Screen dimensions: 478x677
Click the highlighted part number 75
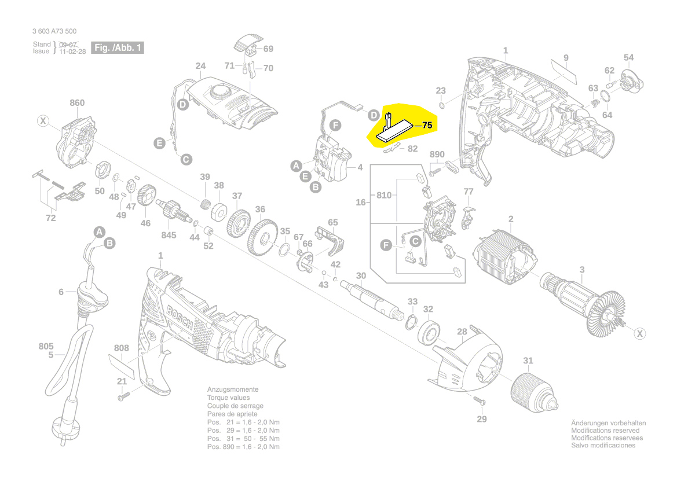pyautogui.click(x=427, y=125)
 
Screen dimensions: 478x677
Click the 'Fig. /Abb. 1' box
pyautogui.click(x=118, y=48)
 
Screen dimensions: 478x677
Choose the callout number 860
pyautogui.click(x=77, y=103)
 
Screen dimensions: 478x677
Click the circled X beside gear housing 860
pyautogui.click(x=42, y=121)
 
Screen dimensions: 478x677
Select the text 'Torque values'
pyautogui.click(x=229, y=398)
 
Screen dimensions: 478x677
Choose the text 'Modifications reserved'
pyautogui.click(x=605, y=431)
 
